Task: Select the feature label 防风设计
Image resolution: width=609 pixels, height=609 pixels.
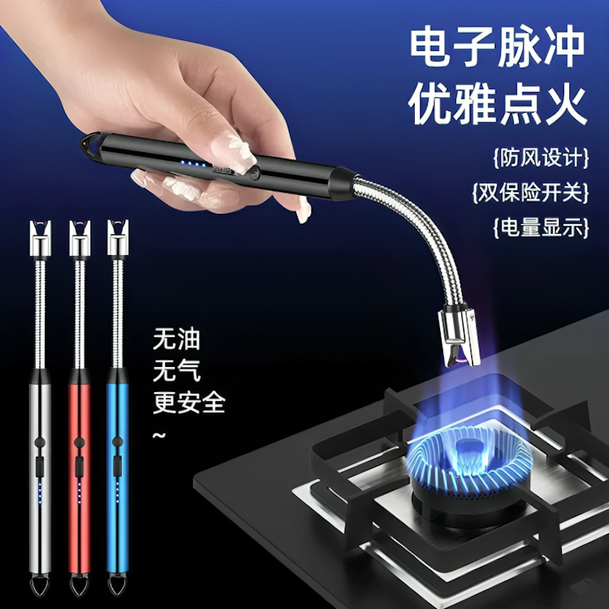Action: point(541,159)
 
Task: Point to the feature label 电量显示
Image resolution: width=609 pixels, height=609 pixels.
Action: point(541,228)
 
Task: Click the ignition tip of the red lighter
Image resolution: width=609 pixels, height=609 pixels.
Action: point(78,228)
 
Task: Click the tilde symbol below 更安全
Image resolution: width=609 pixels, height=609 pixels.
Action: point(160,435)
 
